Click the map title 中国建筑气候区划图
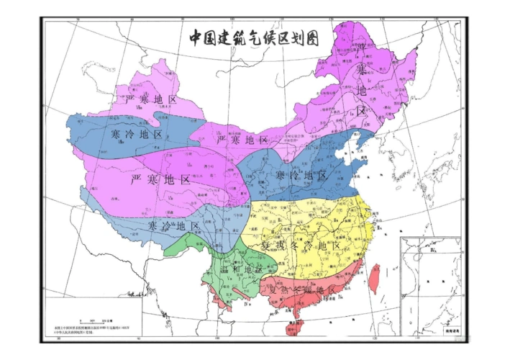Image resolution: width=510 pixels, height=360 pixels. click(x=254, y=37)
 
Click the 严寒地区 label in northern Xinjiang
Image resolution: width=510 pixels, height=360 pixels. click(x=150, y=99)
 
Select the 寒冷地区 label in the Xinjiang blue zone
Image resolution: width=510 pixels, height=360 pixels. click(x=137, y=135)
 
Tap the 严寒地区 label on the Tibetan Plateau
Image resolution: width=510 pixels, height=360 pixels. click(x=161, y=179)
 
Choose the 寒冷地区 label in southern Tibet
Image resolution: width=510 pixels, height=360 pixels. click(x=173, y=226)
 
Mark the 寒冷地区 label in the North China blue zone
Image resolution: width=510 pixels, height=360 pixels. click(x=301, y=176)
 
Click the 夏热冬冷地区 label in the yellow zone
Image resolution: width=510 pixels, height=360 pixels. click(x=300, y=246)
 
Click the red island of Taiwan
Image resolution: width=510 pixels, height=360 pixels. click(x=373, y=279)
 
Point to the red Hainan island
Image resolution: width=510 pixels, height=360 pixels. click(x=291, y=329)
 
